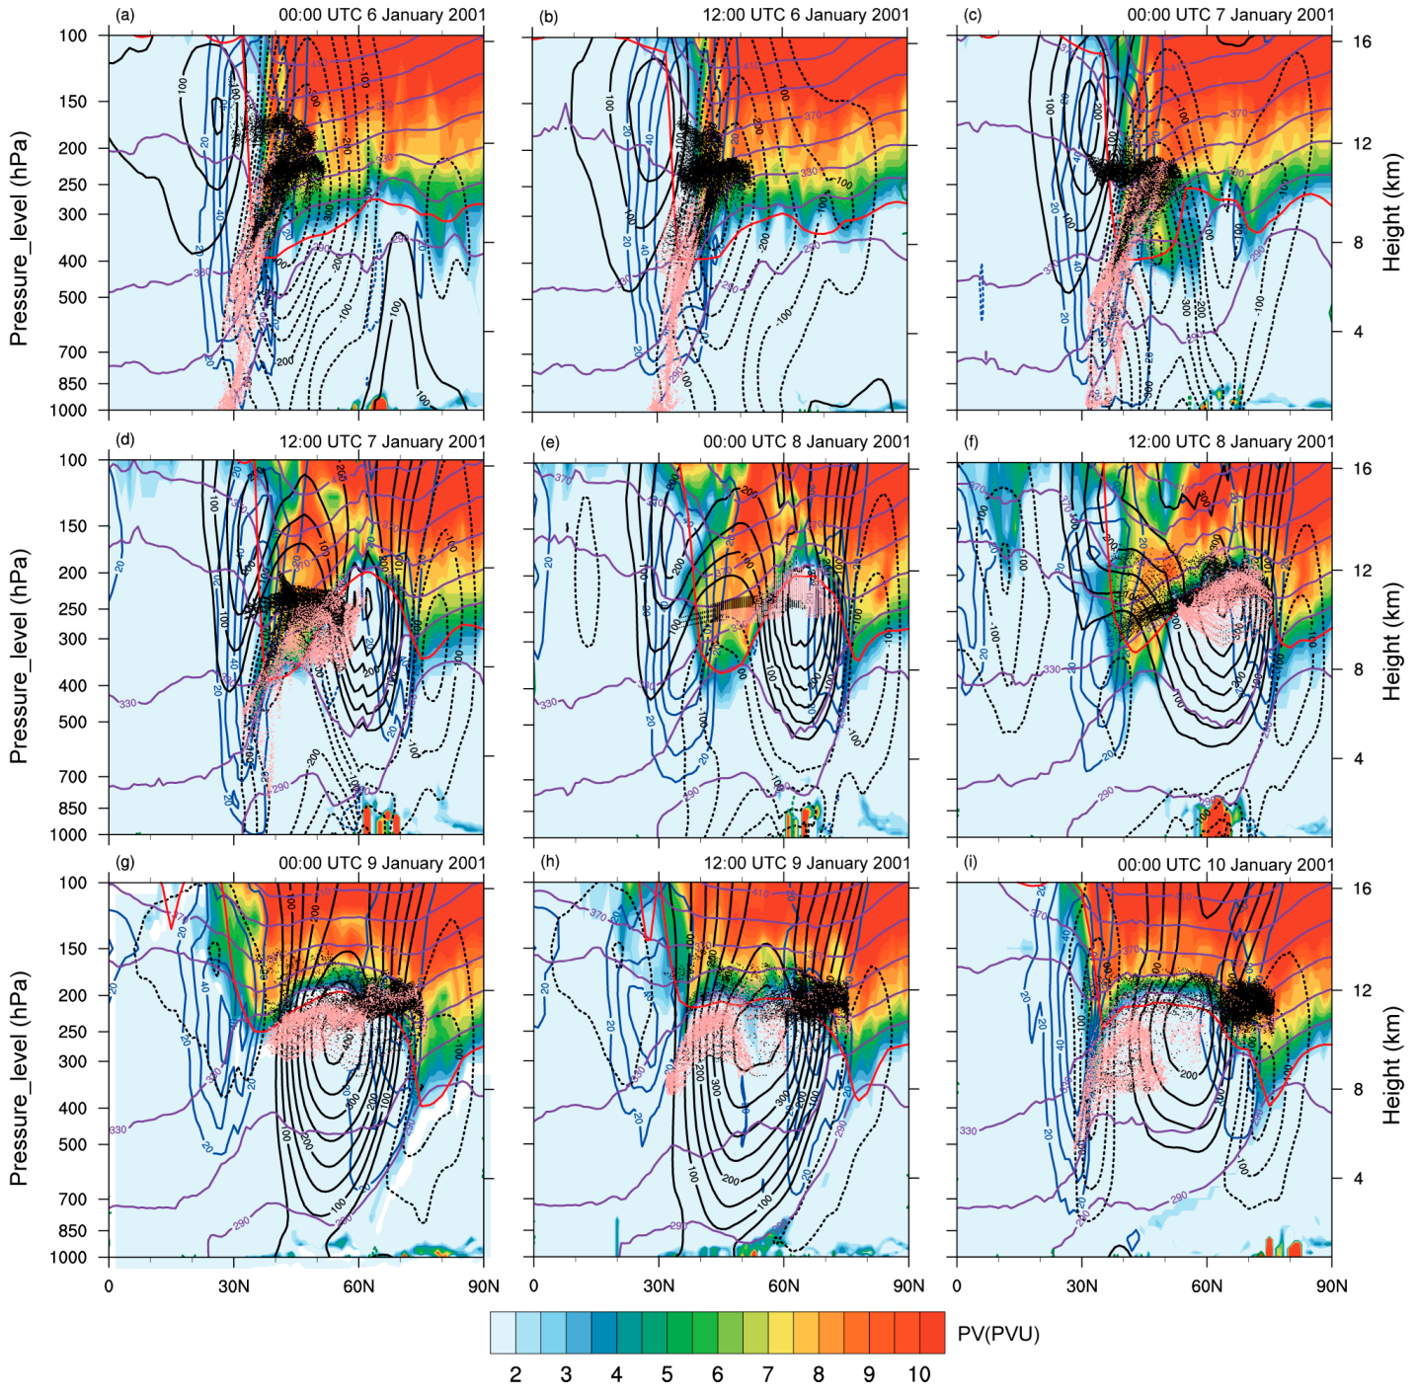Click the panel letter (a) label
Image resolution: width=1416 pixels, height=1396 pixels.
click(x=124, y=15)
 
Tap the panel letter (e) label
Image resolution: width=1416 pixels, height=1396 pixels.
click(x=550, y=441)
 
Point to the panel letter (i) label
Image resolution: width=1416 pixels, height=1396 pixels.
click(x=971, y=862)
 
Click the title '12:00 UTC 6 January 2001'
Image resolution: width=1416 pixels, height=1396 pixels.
click(x=806, y=15)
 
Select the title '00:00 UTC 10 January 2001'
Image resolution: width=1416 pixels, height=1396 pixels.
click(x=1225, y=864)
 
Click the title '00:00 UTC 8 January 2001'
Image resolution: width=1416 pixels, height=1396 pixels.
click(x=806, y=441)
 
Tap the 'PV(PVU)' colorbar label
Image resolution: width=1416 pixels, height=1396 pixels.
click(x=998, y=1335)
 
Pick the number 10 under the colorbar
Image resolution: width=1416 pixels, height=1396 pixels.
click(x=919, y=1374)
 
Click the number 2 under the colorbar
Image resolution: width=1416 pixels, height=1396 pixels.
click(x=515, y=1374)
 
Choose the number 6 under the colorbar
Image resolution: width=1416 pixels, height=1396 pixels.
click(x=717, y=1374)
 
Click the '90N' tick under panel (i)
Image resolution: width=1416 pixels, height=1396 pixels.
click(x=1331, y=1285)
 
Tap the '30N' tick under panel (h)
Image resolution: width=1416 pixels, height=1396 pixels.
click(x=659, y=1285)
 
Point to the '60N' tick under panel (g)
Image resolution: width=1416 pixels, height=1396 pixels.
click(x=358, y=1285)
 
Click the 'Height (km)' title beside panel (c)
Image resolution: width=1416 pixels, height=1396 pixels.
click(x=1392, y=212)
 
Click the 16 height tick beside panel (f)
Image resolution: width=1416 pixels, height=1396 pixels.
click(x=1363, y=468)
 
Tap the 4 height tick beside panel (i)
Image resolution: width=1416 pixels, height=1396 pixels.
click(x=1358, y=1178)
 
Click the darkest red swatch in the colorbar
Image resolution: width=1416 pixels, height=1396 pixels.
click(x=932, y=1333)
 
